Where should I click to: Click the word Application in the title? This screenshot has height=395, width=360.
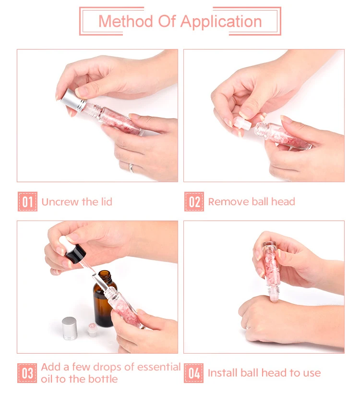click(x=221, y=22)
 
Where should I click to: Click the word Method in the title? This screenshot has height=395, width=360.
click(x=126, y=21)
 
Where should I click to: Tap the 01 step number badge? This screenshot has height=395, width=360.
click(x=27, y=201)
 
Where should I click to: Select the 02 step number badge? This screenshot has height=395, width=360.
click(x=194, y=201)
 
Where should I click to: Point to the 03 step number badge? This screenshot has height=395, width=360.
click(x=27, y=373)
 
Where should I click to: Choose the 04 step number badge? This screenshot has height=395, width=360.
click(x=194, y=373)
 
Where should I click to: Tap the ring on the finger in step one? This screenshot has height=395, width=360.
click(x=132, y=168)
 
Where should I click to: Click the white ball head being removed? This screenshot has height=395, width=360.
click(x=242, y=123)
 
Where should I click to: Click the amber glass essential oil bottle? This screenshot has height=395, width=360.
click(x=104, y=299)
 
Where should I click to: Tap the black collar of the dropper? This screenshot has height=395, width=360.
click(x=75, y=254)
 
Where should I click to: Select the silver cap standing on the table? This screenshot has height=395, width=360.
click(x=70, y=328)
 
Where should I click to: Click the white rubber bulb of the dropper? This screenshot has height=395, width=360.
click(x=65, y=243)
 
